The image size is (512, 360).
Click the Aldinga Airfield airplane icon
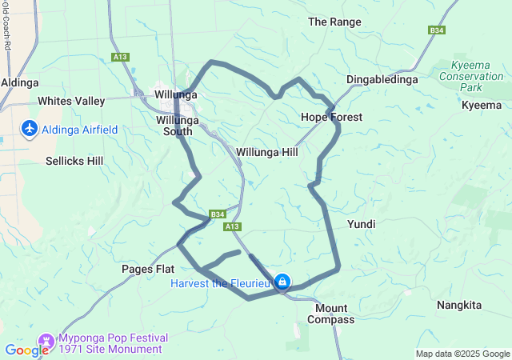pos(30,129)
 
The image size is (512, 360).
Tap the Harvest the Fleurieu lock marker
pos(282,282)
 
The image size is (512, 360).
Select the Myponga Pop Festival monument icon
pos(46,341)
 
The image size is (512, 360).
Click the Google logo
pos(26,350)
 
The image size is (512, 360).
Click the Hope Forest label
pos(331,117)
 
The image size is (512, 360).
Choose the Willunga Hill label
pos(267,150)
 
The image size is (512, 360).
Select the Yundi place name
pos(361,225)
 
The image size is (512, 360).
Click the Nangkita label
pos(459,305)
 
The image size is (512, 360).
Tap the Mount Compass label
pos(331,314)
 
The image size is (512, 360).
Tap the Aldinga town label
pos(16,82)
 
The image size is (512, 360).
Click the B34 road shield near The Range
pos(436,30)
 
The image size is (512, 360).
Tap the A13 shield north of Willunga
pos(121,57)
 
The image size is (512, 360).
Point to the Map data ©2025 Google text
pos(462,354)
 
